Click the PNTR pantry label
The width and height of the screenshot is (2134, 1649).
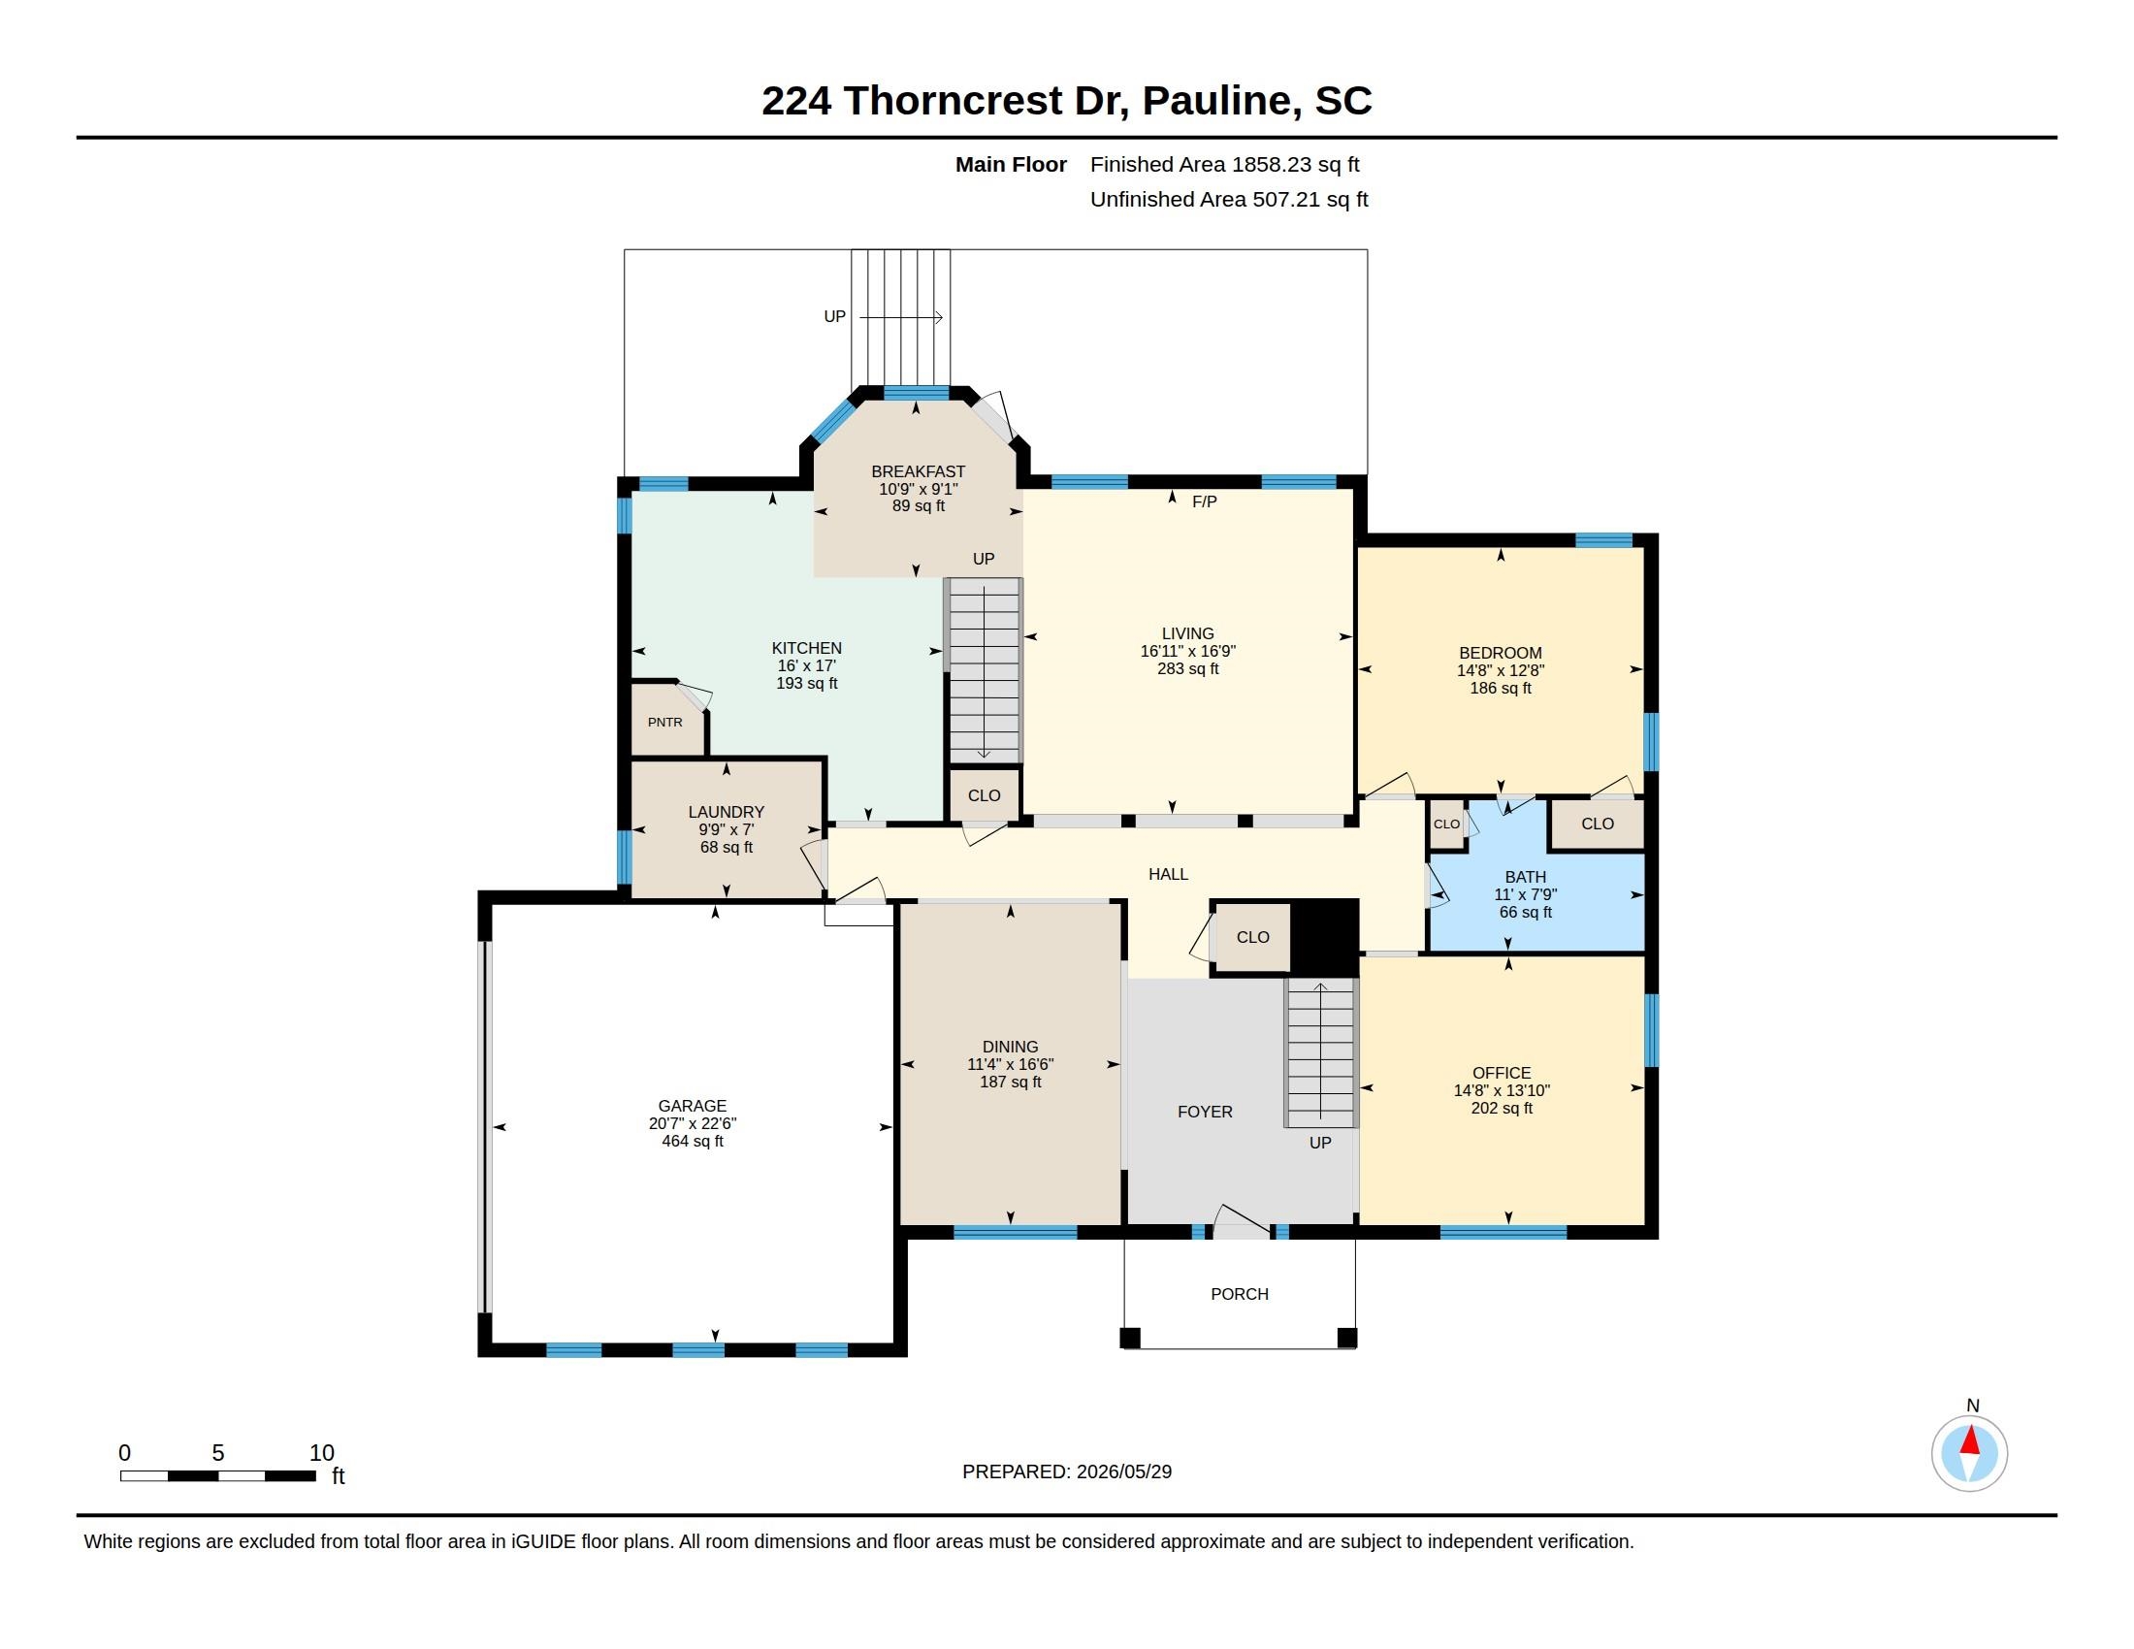tap(664, 722)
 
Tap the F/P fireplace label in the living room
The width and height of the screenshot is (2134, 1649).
tap(1204, 501)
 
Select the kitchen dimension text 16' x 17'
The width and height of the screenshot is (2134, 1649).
tap(806, 665)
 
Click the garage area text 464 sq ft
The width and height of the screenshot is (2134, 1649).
tap(692, 1141)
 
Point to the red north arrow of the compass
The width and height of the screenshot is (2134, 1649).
tap(1970, 1440)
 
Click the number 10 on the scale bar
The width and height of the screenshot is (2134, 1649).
tap(321, 1453)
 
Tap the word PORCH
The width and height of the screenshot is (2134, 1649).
tap(1239, 1293)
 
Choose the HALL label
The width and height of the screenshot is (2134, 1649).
tap(1168, 874)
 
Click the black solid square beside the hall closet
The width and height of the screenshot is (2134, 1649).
tap(1325, 935)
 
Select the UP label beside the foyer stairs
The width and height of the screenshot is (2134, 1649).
tap(1320, 1142)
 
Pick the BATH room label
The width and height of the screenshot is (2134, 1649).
tap(1525, 877)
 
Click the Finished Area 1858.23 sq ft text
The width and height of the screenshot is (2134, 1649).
tap(1224, 164)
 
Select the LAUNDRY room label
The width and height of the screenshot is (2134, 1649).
tap(726, 812)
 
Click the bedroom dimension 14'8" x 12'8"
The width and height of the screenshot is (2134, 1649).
tap(1500, 670)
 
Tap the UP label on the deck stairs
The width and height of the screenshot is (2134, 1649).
tap(834, 316)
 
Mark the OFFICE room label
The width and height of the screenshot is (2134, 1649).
tap(1501, 1073)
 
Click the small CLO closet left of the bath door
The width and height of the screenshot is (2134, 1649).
tap(1446, 824)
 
